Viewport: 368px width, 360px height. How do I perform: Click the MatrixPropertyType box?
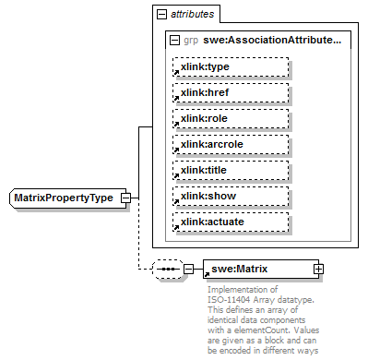coord(62,198)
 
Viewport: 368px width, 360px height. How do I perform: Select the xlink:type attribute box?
coord(230,66)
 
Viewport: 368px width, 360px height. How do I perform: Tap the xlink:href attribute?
coord(230,92)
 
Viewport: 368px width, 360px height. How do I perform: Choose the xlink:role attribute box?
coord(230,118)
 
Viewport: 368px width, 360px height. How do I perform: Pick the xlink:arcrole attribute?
coord(230,144)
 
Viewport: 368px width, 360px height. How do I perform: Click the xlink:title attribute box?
coord(230,170)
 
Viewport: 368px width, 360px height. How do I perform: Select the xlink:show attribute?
coord(230,196)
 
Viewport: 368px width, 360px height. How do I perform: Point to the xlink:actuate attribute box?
coord(230,222)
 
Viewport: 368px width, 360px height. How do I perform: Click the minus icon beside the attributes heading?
coord(161,15)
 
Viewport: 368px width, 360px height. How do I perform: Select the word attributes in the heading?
coord(193,15)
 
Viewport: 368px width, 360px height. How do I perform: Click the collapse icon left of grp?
coord(174,41)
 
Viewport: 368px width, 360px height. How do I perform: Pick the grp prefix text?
coord(191,41)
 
